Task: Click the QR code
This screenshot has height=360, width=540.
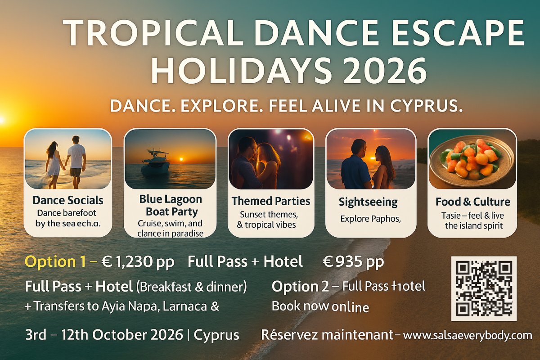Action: click(x=484, y=288)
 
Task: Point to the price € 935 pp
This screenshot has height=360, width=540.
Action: click(x=354, y=262)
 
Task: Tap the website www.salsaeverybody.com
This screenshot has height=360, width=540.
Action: click(x=468, y=335)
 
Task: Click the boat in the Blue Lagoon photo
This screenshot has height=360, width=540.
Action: click(x=155, y=164)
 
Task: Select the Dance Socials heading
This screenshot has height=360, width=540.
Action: click(x=68, y=200)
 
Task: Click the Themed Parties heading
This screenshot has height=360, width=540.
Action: click(x=271, y=201)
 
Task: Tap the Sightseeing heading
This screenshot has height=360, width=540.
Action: click(x=368, y=202)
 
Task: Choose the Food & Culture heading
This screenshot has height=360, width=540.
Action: click(x=472, y=202)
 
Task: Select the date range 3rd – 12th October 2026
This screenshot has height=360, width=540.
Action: click(x=104, y=335)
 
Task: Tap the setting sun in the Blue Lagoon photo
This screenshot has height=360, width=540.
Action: click(x=180, y=159)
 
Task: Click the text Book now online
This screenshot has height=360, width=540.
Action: click(x=320, y=307)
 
